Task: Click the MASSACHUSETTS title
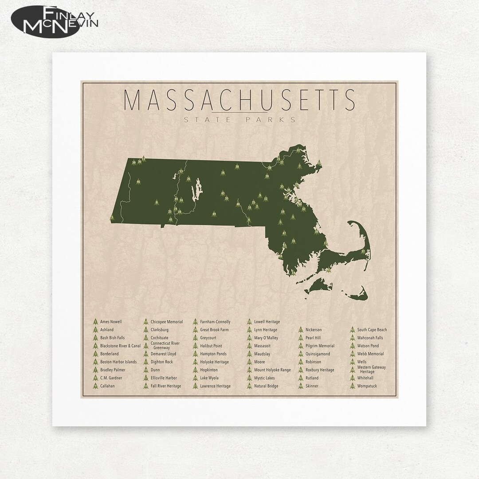pos(239,100)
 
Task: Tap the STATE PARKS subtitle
pos(239,119)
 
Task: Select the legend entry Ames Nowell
pos(110,322)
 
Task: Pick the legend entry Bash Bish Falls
pos(112,338)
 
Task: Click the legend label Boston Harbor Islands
pos(118,362)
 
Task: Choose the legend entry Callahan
pos(107,386)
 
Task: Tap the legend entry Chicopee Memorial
pos(166,322)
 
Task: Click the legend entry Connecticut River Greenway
pos(165,345)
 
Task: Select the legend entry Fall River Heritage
pos(165,386)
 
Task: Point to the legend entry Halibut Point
pos(211,346)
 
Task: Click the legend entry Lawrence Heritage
pos(215,386)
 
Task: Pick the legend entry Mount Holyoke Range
pos(272,370)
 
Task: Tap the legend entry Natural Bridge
pos(266,386)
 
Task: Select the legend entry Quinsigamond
pos(318,354)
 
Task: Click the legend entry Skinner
pos(312,386)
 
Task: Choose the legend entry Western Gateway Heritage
pos(371,369)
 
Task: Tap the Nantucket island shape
pos(357,296)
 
